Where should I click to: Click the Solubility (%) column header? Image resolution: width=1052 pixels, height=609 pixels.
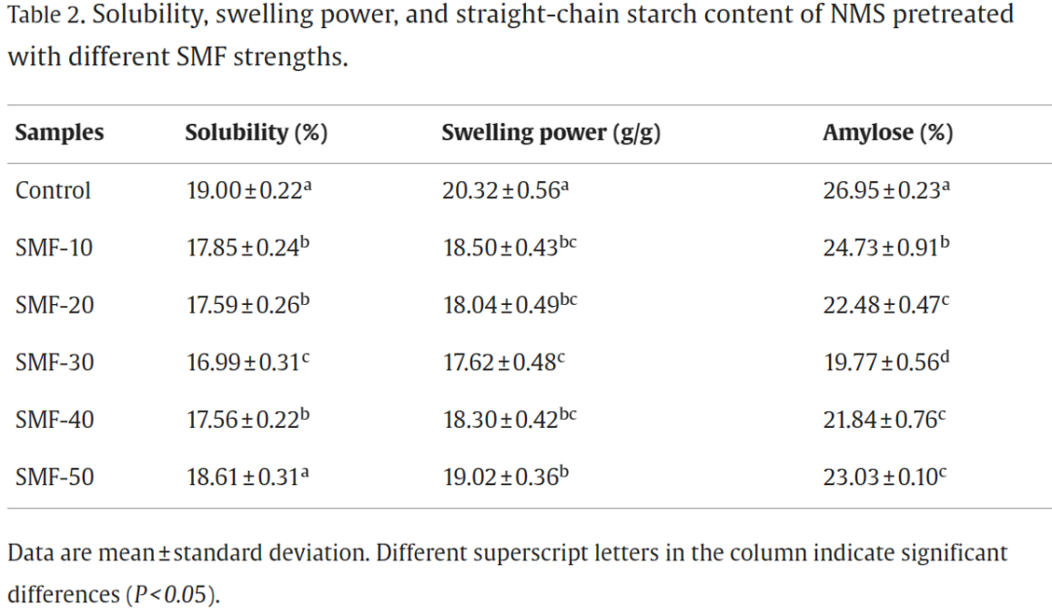coord(256,133)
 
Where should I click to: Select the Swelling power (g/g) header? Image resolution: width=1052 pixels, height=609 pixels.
coord(551,133)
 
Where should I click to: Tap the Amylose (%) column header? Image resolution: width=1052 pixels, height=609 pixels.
coord(887,133)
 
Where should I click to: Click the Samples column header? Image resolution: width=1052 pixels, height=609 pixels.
coord(59,133)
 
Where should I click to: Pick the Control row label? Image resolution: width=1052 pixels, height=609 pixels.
coord(53,191)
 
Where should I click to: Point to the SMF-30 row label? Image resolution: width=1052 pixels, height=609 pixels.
coord(55,363)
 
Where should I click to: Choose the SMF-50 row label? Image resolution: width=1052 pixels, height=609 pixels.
coord(55,478)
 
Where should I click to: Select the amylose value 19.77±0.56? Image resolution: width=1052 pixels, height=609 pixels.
coord(885,363)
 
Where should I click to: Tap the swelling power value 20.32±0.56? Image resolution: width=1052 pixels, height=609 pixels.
coord(505,191)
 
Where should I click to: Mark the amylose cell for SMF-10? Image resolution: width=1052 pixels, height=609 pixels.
coord(885,248)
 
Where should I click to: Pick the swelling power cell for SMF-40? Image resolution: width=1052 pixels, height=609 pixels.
coord(509,421)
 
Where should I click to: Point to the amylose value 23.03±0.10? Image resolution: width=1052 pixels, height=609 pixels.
coord(885,478)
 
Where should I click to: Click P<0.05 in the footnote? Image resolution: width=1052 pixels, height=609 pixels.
coord(169,594)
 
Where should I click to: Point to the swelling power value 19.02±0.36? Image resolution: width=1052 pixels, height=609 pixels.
coord(505,478)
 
